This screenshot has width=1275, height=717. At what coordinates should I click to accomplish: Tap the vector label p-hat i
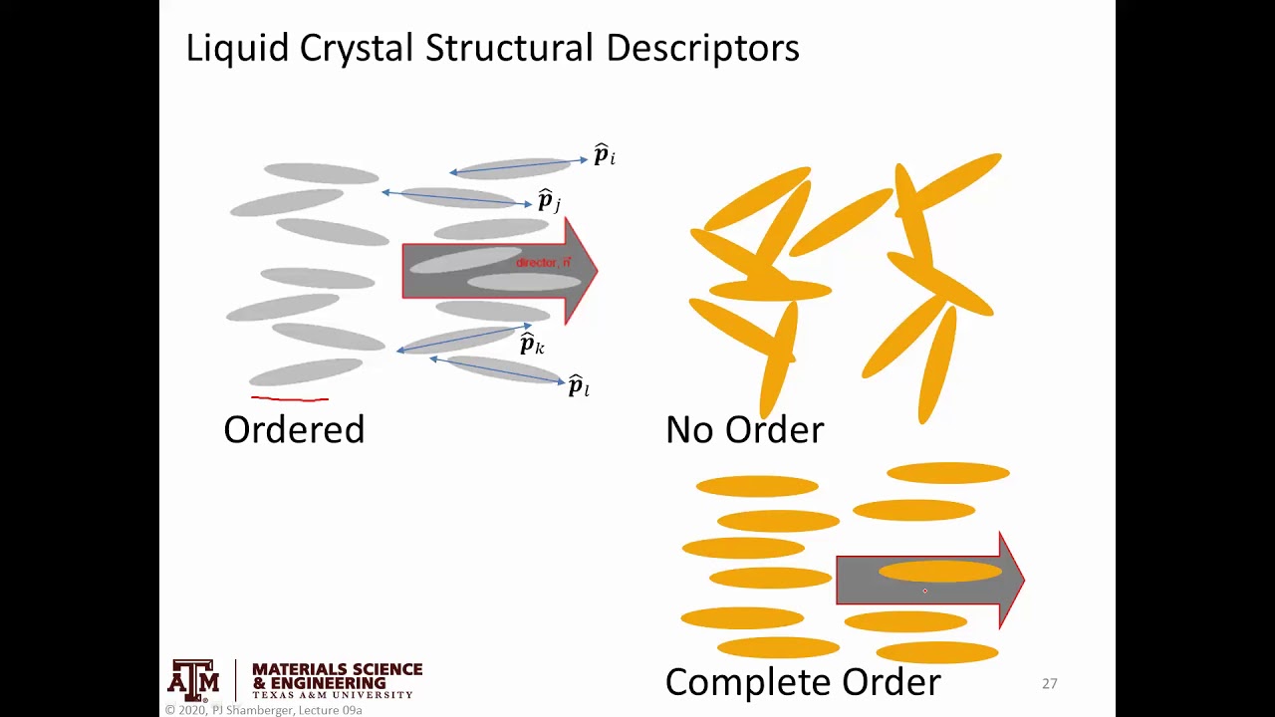604,155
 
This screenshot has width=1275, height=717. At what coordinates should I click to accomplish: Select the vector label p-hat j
548,201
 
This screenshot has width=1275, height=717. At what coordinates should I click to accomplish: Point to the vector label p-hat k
532,345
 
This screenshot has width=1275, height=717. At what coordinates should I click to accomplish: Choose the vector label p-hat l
578,386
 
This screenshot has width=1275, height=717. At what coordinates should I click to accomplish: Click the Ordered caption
294,430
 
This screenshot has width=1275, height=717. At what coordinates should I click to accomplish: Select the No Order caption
744,430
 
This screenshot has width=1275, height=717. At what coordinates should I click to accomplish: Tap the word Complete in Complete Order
748,683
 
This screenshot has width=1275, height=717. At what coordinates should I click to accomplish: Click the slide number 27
1049,683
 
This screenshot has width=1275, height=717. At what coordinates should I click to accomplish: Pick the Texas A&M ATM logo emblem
193,680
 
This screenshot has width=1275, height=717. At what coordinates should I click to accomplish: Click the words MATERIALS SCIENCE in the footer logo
337,669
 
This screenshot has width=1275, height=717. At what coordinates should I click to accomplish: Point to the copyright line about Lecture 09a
264,710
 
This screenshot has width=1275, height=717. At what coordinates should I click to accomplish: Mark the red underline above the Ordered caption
289,399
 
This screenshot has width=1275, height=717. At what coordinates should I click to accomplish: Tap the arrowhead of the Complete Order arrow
1011,580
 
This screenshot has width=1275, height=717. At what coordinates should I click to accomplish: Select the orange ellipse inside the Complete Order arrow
939,572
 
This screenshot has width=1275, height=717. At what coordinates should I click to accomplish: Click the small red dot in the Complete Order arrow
924,592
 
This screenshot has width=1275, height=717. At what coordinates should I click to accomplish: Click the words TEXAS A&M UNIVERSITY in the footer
332,694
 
